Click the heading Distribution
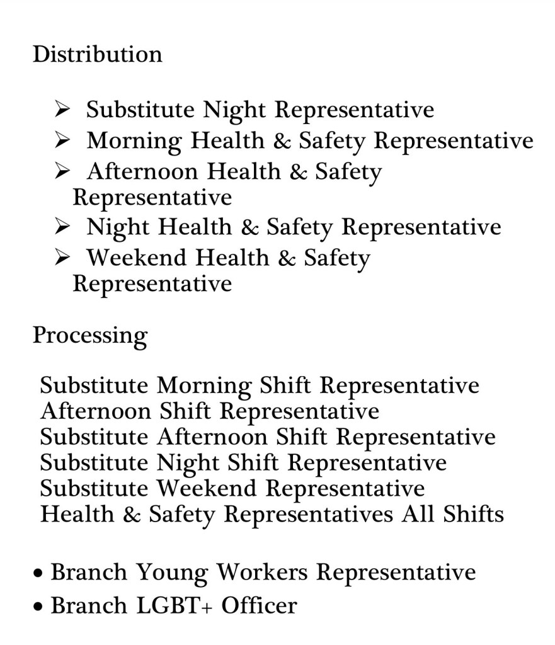(97, 54)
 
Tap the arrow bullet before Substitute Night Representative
(62, 110)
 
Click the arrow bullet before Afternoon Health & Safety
(62, 171)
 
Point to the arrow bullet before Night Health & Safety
(62, 227)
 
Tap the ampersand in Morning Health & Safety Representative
(282, 141)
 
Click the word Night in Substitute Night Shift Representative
(188, 463)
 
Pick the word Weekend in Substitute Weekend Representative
(207, 489)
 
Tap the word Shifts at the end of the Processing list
(473, 515)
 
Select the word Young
(172, 574)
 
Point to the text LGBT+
(175, 606)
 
